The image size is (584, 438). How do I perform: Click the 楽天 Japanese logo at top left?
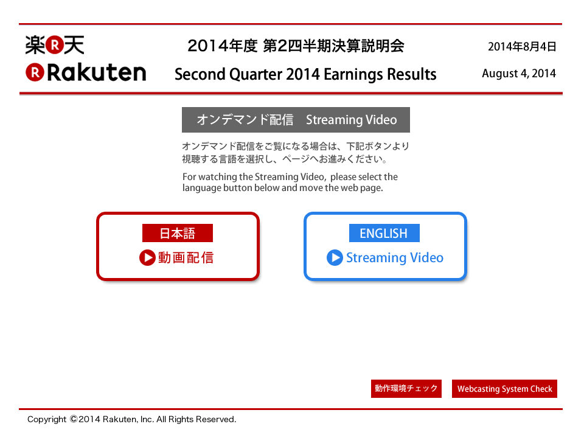click(x=55, y=45)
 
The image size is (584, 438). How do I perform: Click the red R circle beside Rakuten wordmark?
click(x=35, y=72)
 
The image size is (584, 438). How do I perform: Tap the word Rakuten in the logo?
click(x=97, y=72)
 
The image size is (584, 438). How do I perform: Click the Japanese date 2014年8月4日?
click(x=522, y=47)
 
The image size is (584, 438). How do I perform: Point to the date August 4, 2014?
click(x=519, y=74)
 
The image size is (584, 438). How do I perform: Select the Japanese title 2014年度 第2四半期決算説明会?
click(x=296, y=46)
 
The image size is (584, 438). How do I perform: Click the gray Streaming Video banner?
click(x=296, y=120)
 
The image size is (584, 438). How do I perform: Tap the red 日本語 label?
click(x=177, y=233)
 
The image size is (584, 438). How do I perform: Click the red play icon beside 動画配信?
click(x=147, y=258)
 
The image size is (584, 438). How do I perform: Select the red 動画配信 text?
click(x=186, y=258)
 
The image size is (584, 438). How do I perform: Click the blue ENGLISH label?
click(x=384, y=233)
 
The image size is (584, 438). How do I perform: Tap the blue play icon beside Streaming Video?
click(x=335, y=258)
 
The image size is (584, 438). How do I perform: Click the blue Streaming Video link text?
click(x=395, y=258)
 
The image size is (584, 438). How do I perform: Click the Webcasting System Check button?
click(x=505, y=389)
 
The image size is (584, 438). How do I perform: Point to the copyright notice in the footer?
click(x=131, y=419)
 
